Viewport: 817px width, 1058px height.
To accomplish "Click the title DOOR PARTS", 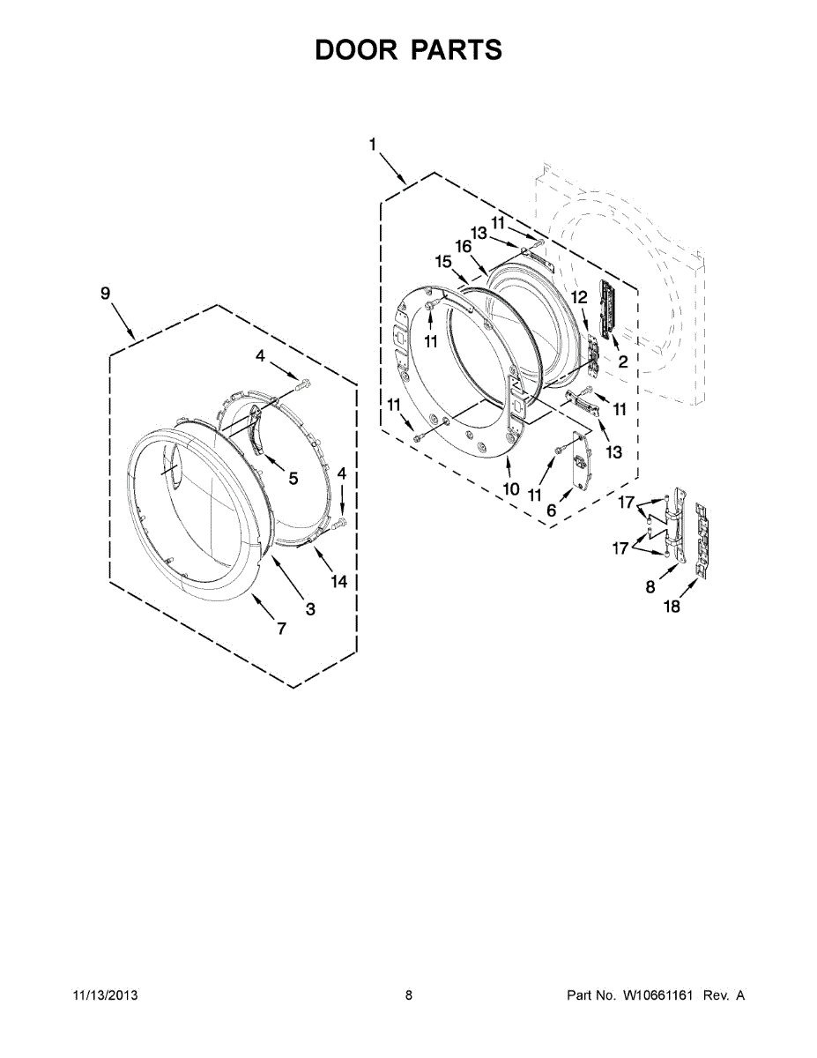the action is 408,50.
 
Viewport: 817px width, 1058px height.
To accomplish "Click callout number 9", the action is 106,294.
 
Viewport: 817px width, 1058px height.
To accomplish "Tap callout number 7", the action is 282,629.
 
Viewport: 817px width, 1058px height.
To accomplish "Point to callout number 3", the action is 310,607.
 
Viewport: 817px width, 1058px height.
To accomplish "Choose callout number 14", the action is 339,581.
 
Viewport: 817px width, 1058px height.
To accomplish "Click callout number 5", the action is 293,478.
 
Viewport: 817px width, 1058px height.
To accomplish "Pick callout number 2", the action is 622,361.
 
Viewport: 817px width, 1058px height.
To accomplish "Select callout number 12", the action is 578,298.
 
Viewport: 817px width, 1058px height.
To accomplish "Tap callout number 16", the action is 464,246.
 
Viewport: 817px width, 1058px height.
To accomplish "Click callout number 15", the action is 443,262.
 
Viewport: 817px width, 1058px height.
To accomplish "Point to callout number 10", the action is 510,489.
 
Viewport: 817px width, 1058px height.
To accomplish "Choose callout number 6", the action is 552,510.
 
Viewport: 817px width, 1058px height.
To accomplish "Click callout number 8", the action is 650,586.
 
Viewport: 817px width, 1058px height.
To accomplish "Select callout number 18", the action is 672,607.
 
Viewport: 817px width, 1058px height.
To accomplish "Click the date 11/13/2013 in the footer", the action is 104,995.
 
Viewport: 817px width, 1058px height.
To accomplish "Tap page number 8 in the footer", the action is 409,995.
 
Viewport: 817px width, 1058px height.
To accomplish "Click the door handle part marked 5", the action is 256,429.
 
